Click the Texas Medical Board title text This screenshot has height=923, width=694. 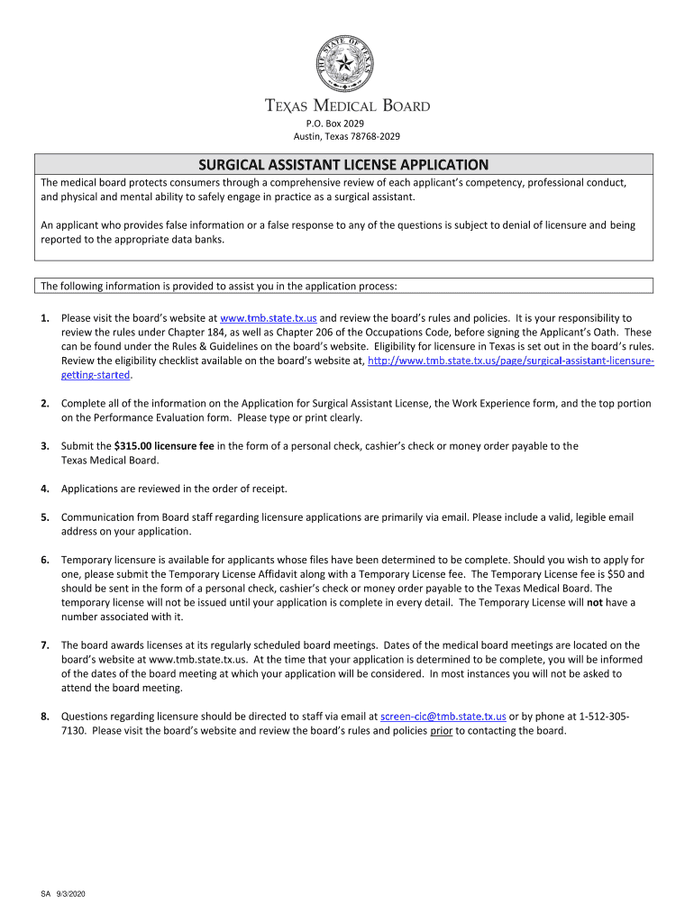(x=347, y=105)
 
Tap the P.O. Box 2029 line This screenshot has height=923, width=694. (x=347, y=123)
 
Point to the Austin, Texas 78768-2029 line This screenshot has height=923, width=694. (x=347, y=136)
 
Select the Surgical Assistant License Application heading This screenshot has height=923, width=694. (x=343, y=165)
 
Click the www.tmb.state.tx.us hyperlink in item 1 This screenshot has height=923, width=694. (x=269, y=318)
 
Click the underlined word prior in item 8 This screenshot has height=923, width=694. (x=441, y=731)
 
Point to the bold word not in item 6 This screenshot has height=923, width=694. (x=595, y=602)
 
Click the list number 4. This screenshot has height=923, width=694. (x=44, y=489)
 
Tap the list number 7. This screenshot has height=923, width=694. (x=44, y=645)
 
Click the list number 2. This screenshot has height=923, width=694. (x=44, y=404)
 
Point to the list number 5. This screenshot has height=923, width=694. (x=44, y=517)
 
